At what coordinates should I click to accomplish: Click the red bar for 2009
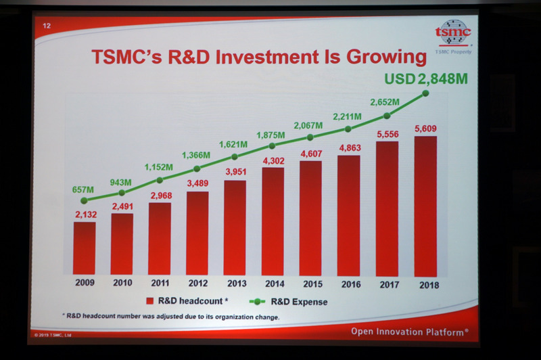click(x=85, y=248)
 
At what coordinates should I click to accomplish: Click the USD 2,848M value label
click(x=426, y=78)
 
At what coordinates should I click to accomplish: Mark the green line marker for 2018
click(x=426, y=94)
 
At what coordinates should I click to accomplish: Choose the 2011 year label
click(x=160, y=285)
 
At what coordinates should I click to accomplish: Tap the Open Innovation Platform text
click(x=410, y=332)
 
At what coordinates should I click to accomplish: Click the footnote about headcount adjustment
click(x=173, y=317)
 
